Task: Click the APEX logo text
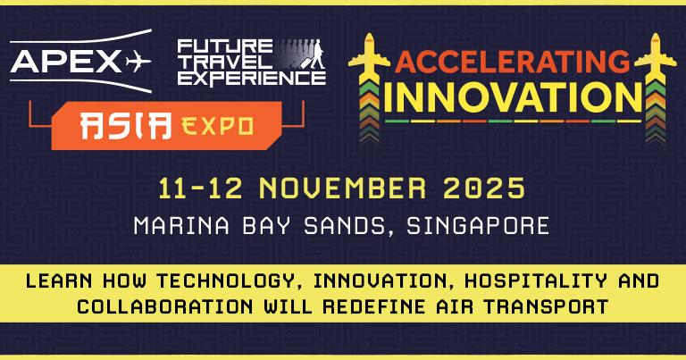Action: [x=65, y=62]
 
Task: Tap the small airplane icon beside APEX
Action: [x=138, y=62]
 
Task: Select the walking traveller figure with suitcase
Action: [x=314, y=54]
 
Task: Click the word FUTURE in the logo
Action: [x=225, y=46]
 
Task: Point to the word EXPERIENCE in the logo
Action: [x=252, y=79]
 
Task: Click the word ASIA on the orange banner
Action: [x=126, y=126]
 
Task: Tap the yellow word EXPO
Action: [x=217, y=127]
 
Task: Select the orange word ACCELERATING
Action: [x=513, y=63]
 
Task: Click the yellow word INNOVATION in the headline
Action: [x=513, y=97]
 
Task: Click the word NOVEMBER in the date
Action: [x=343, y=188]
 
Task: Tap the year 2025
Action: [x=484, y=188]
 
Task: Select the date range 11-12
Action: [x=200, y=188]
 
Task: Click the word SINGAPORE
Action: [x=478, y=226]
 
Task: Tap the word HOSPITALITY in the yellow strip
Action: [x=536, y=280]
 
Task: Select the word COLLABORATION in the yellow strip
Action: [x=165, y=306]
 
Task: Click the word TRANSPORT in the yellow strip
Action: [x=546, y=306]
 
